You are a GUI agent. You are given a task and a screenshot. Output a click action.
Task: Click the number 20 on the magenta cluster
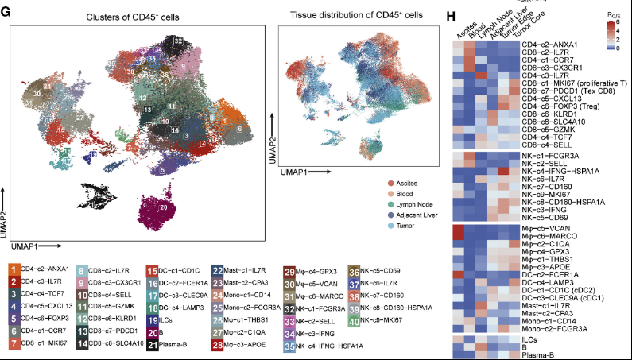point(162,207)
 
